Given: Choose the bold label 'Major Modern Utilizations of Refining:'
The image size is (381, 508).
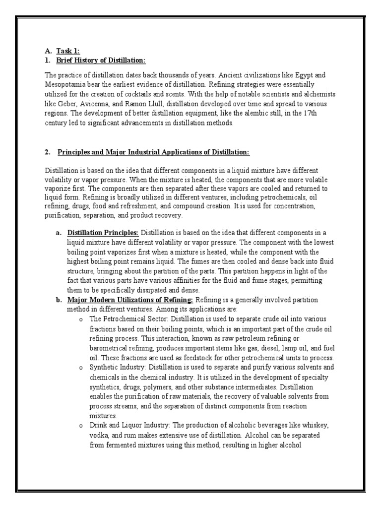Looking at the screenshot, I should click(x=130, y=300).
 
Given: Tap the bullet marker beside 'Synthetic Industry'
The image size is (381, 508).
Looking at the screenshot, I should click(x=81, y=367).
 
